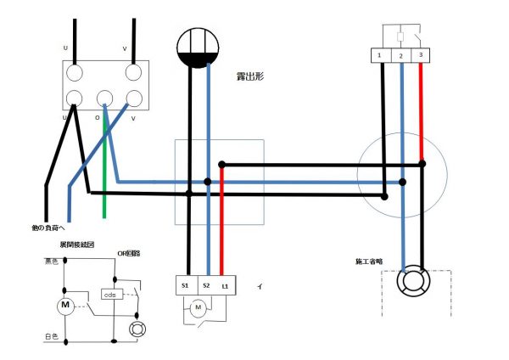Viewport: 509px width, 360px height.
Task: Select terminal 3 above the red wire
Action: click(420, 55)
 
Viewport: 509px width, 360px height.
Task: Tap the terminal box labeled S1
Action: click(186, 286)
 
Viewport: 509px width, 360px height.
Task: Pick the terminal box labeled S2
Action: click(206, 286)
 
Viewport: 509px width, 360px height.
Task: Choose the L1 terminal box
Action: click(226, 286)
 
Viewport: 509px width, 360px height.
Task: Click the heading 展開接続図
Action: click(76, 245)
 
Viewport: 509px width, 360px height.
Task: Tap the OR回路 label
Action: click(128, 252)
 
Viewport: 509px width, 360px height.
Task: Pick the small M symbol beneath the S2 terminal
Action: click(198, 308)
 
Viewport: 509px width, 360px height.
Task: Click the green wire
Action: click(104, 170)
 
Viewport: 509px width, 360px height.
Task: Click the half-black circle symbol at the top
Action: click(198, 50)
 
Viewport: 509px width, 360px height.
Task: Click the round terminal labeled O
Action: click(104, 97)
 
